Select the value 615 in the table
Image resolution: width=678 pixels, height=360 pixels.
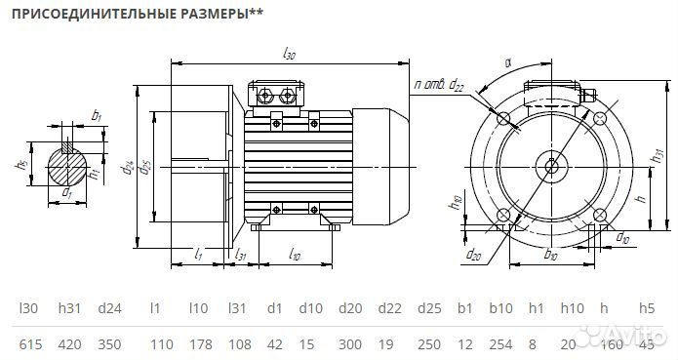[x=30, y=345]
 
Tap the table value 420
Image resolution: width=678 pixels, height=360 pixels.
[x=69, y=345]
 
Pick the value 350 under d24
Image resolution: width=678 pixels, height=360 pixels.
[x=110, y=345]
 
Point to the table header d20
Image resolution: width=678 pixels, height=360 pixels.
[x=352, y=309]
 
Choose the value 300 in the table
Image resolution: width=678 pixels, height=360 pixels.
[x=353, y=345]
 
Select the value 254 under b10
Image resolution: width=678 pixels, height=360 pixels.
[x=501, y=345]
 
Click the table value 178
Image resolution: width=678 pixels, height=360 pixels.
[x=199, y=345]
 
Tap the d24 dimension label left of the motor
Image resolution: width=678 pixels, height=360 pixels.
[x=128, y=168]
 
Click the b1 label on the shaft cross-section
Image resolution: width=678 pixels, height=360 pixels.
[x=96, y=116]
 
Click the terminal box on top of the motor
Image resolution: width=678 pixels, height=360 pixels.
[x=278, y=95]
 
